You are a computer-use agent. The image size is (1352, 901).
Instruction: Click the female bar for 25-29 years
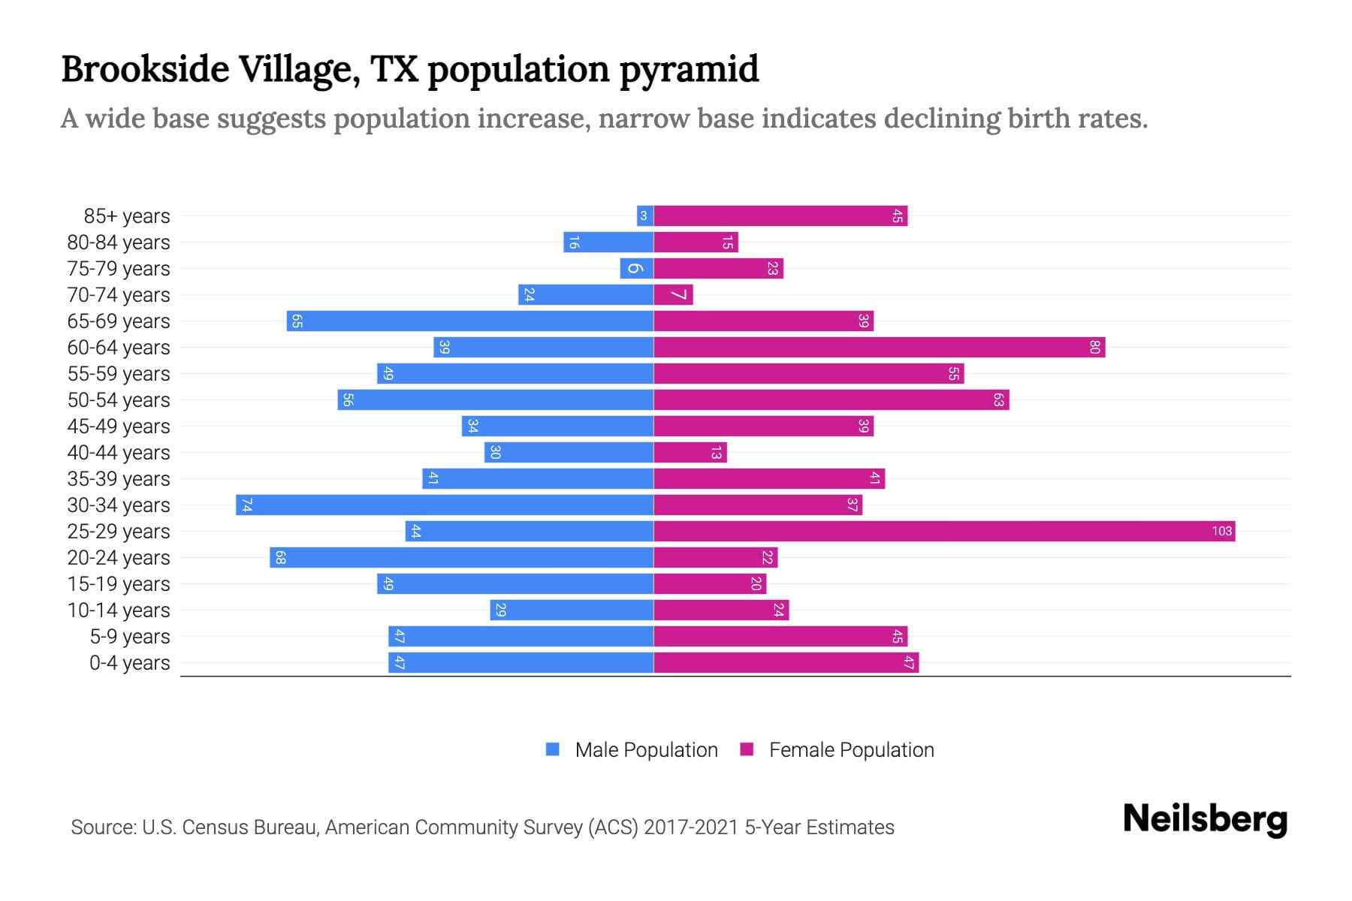(x=944, y=532)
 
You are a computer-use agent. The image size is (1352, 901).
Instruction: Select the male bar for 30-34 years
(x=445, y=505)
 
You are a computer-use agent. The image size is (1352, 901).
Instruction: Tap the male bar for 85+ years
(x=644, y=216)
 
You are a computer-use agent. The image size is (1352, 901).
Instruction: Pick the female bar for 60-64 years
(x=879, y=348)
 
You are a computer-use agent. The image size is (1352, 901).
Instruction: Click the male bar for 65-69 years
(x=469, y=321)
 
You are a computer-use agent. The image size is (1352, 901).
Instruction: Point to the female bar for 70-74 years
(x=673, y=295)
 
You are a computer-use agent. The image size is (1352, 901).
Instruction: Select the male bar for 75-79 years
(x=636, y=269)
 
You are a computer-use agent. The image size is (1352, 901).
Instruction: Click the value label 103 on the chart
(x=1221, y=532)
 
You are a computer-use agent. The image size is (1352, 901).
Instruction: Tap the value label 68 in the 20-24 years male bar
(x=280, y=558)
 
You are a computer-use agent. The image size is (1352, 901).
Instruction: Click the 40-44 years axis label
(x=119, y=453)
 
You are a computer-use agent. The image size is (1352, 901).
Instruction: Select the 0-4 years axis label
(x=129, y=663)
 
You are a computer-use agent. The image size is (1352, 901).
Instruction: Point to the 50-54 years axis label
(x=119, y=400)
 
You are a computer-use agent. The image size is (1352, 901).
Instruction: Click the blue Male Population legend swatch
(x=553, y=749)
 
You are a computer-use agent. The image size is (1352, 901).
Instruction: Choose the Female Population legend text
(x=851, y=750)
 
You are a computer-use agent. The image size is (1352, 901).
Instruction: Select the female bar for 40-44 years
(x=690, y=453)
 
